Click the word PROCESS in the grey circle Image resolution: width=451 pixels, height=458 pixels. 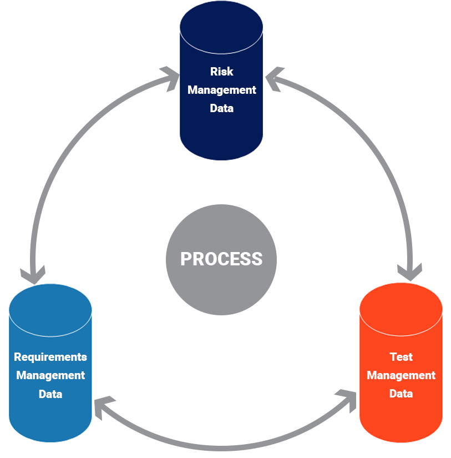221,259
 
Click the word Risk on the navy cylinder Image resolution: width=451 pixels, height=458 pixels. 221,72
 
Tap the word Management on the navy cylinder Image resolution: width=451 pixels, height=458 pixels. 221,90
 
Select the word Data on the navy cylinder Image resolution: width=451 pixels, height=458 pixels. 221,108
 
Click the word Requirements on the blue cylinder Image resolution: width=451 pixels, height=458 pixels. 50,357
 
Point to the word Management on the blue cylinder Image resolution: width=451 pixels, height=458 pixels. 50,375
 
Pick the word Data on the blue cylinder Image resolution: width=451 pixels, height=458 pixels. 50,394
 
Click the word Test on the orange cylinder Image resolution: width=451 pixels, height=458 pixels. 401,357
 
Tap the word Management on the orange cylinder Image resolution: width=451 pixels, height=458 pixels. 401,375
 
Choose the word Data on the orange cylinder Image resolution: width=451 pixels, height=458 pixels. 401,394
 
